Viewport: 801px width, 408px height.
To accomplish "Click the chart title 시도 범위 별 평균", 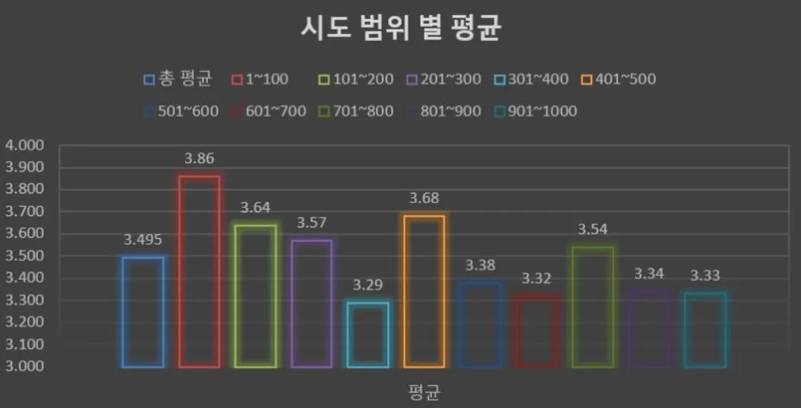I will pyautogui.click(x=400, y=30).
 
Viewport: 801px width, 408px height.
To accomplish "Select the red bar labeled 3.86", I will pyautogui.click(x=199, y=271).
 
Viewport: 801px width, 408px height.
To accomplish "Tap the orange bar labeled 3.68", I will pyautogui.click(x=424, y=291).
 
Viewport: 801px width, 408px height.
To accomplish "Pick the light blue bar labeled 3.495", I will pyautogui.click(x=143, y=312).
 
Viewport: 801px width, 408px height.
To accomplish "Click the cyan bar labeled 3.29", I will pyautogui.click(x=367, y=334).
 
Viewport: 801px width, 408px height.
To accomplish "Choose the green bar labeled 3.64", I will pyautogui.click(x=255, y=296).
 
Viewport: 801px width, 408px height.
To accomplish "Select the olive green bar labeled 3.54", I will pyautogui.click(x=592, y=306).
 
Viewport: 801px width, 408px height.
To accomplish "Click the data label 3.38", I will pyautogui.click(x=480, y=265).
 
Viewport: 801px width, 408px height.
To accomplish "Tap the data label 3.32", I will pyautogui.click(x=536, y=278).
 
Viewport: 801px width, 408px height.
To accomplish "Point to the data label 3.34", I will pyautogui.click(x=648, y=273).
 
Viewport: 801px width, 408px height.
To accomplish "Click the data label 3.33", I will pyautogui.click(x=705, y=275).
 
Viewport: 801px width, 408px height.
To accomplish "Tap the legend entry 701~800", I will pyautogui.click(x=358, y=111).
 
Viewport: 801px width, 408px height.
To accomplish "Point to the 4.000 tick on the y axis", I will pyautogui.click(x=25, y=146).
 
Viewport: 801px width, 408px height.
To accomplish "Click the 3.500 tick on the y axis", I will pyautogui.click(x=25, y=256).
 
